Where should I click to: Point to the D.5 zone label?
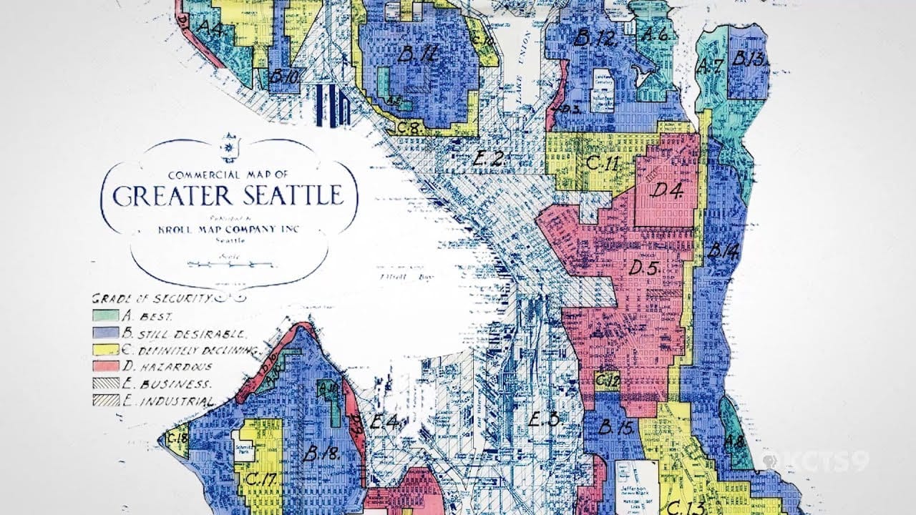pyautogui.click(x=645, y=268)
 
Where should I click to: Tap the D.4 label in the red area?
pyautogui.click(x=666, y=191)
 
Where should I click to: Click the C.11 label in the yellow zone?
pyautogui.click(x=602, y=163)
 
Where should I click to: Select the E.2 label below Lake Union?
pyautogui.click(x=489, y=158)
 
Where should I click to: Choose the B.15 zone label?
pyautogui.click(x=615, y=428)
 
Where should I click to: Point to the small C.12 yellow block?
pyautogui.click(x=608, y=379)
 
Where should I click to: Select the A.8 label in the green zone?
pyautogui.click(x=734, y=441)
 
